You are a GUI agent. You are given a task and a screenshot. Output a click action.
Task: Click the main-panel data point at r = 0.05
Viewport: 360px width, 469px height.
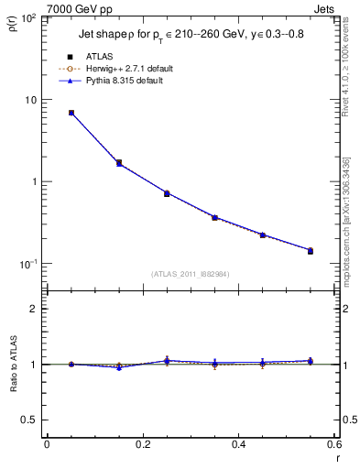pos(71,113)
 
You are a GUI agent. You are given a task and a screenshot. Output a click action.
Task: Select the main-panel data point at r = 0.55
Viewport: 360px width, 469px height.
pos(310,250)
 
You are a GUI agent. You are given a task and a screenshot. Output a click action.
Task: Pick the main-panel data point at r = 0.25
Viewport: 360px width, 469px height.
pos(167,193)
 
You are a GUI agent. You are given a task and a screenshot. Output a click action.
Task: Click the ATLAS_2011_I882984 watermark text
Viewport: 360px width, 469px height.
pos(191,274)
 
